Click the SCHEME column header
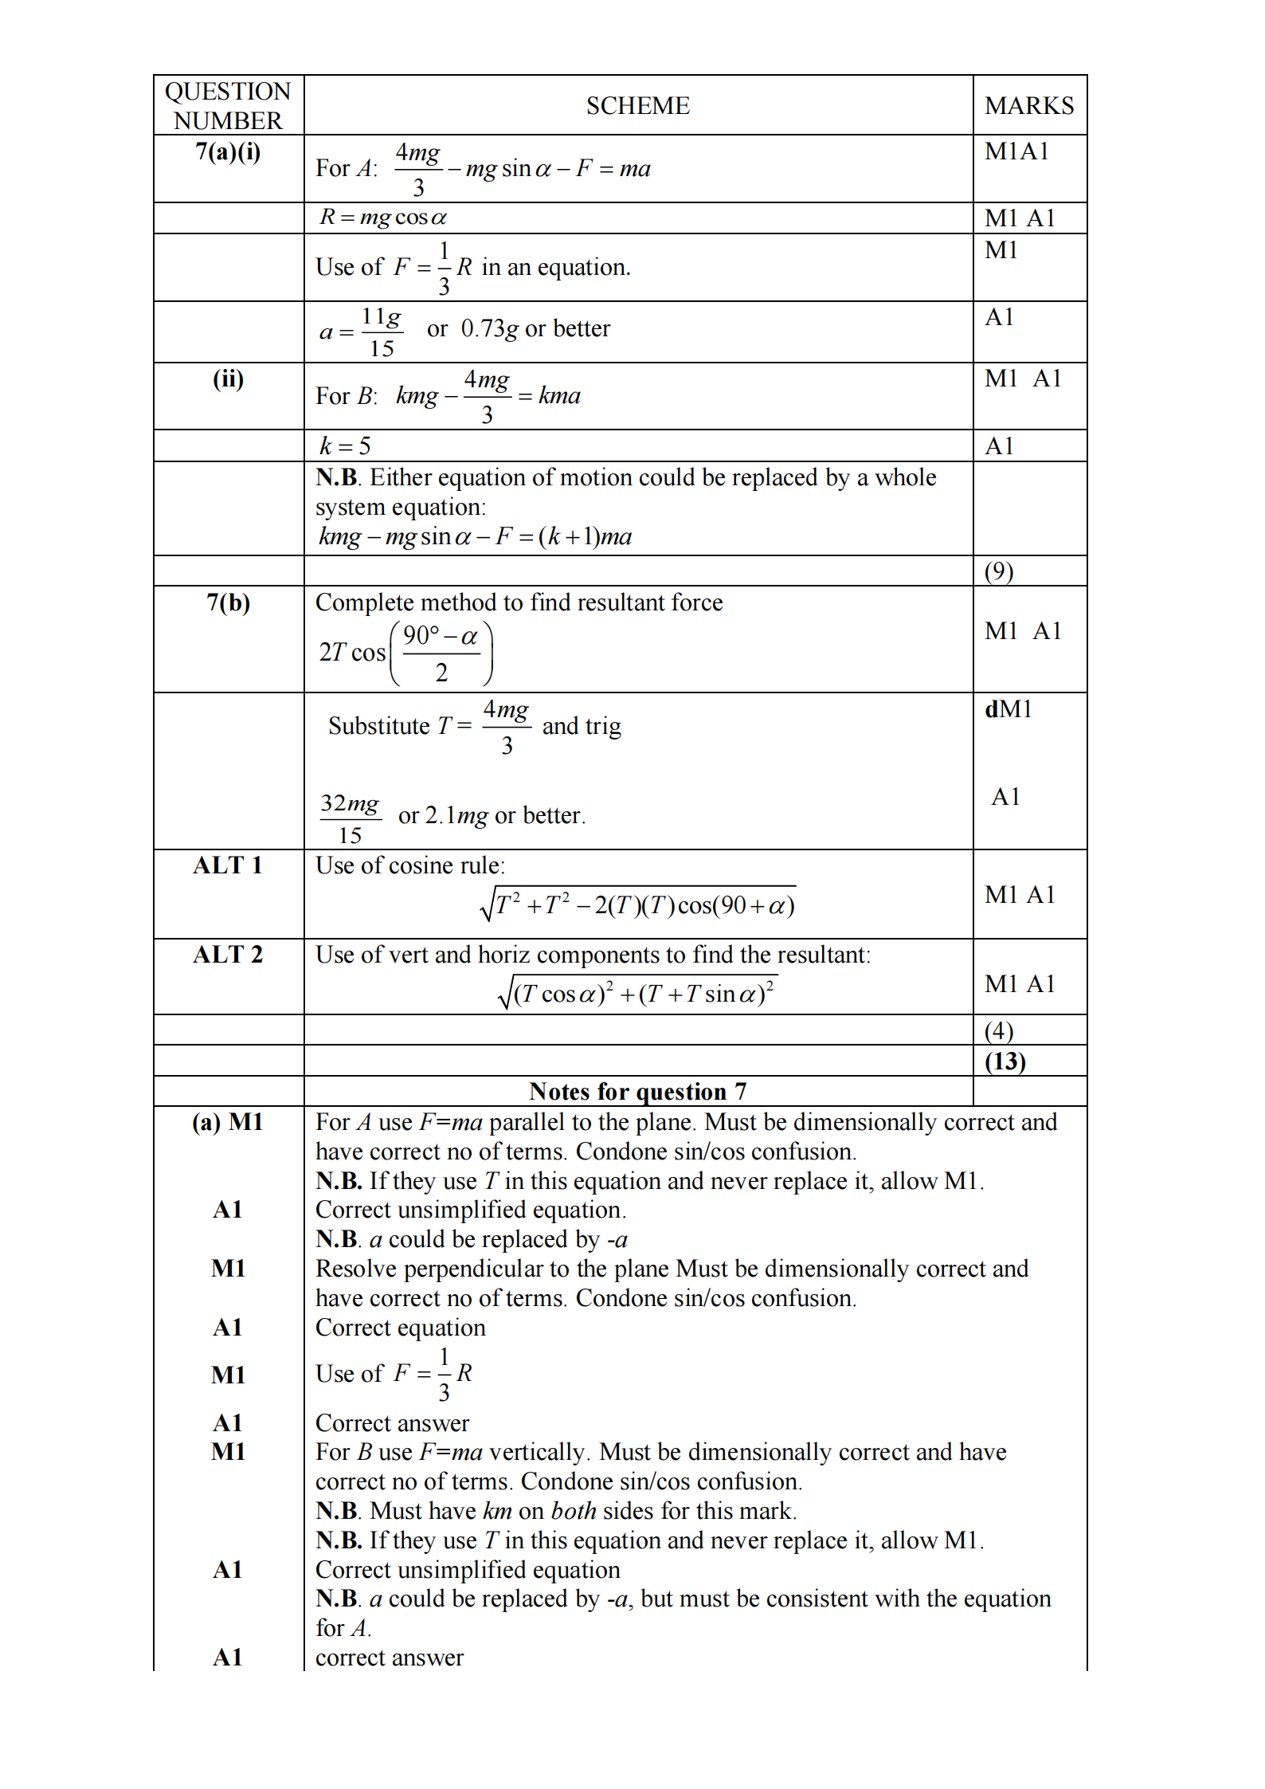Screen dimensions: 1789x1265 pos(637,106)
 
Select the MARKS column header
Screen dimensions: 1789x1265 pos(1028,106)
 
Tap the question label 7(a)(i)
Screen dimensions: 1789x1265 pos(228,151)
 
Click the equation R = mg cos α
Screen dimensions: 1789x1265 pos(383,218)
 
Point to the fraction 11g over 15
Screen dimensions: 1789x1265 pos(382,332)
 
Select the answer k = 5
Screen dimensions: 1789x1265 pos(345,445)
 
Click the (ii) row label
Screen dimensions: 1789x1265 pos(228,379)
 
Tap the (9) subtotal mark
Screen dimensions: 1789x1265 pos(999,571)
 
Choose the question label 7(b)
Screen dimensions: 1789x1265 pos(228,602)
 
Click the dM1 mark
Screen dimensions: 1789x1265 pos(1008,709)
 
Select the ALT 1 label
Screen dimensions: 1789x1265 pos(228,865)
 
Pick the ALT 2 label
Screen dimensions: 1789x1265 pos(228,955)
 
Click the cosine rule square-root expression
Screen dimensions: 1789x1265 pos(638,904)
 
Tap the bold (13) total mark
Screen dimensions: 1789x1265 pos(1005,1061)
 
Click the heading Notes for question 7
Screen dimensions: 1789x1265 pos(637,1091)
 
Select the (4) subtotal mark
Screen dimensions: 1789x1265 pos(999,1031)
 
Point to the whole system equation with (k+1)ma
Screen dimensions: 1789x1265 pos(475,536)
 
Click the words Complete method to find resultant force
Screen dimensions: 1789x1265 pos(519,602)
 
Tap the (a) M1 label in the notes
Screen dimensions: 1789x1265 pos(228,1122)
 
